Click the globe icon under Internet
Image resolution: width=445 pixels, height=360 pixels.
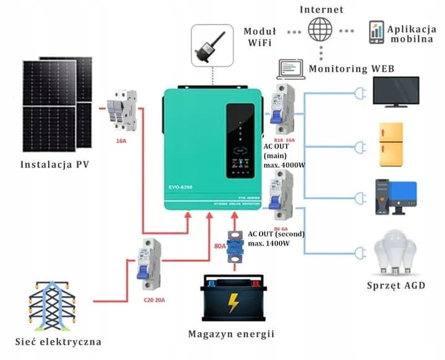[321, 30]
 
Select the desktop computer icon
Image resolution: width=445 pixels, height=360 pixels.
[396, 196]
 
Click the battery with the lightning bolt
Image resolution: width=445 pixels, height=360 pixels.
[233, 301]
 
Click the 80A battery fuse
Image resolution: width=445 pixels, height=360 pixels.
[234, 245]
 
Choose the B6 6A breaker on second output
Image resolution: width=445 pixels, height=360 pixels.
[283, 194]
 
